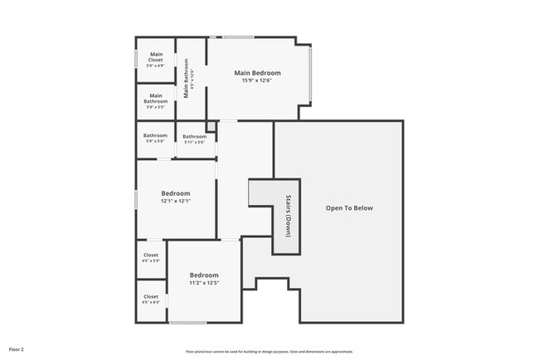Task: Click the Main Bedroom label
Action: [257, 73]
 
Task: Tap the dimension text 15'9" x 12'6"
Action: [257, 80]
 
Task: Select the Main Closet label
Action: [156, 57]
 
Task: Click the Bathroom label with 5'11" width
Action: [195, 137]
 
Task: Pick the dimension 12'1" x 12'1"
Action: [176, 201]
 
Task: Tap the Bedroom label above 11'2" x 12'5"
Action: [204, 275]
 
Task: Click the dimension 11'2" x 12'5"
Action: [204, 283]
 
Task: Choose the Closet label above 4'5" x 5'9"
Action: [151, 255]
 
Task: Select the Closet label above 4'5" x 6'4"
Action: [151, 296]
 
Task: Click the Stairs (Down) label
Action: [288, 216]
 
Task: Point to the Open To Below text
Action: [349, 207]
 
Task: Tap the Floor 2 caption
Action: [17, 350]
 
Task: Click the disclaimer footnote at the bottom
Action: [258, 352]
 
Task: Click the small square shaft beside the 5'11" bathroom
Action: [211, 126]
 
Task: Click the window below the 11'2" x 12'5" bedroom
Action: [187, 323]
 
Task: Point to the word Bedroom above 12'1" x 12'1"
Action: [176, 193]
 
